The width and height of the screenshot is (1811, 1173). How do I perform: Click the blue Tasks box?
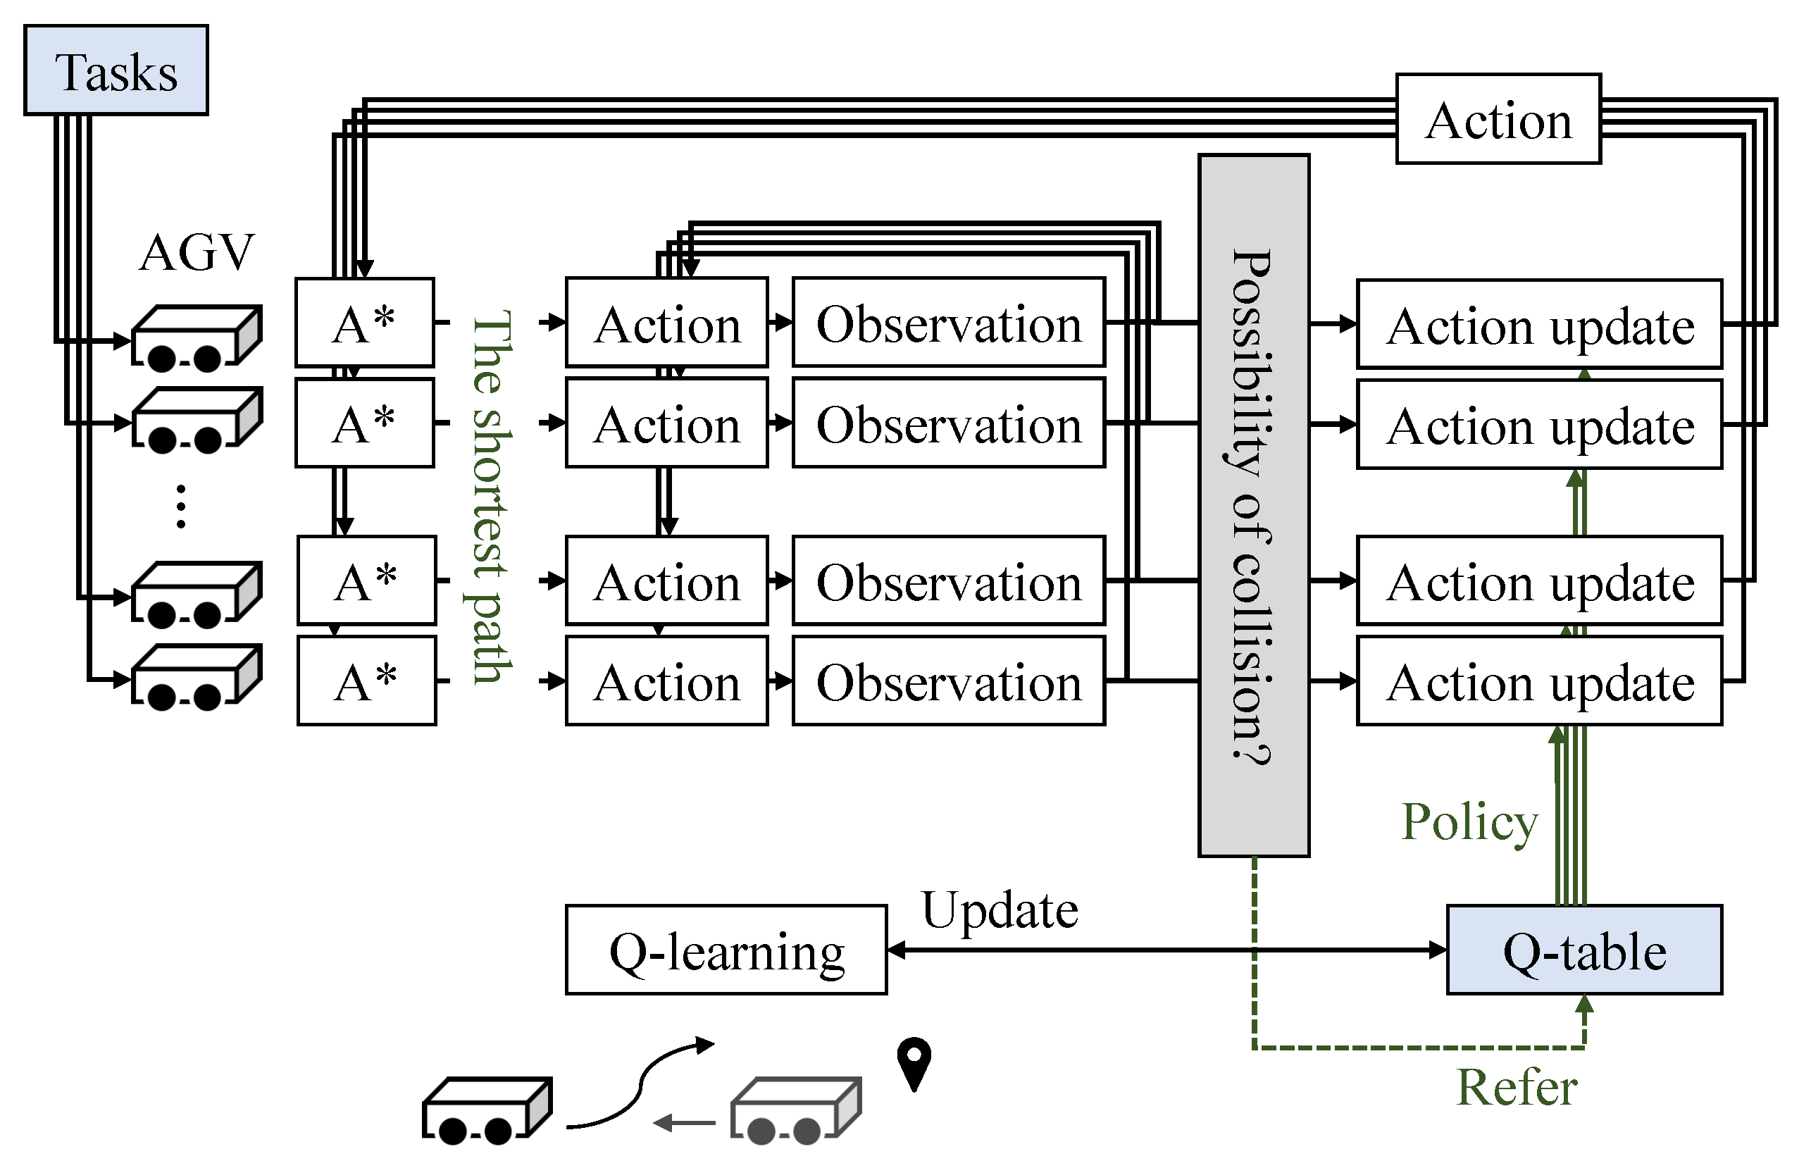point(116,70)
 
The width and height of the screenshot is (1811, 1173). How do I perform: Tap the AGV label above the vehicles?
point(197,253)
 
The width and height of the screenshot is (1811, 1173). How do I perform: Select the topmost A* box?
point(364,323)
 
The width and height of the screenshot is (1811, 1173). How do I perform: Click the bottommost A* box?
point(366,681)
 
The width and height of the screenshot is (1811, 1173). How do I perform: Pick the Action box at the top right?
point(1498,120)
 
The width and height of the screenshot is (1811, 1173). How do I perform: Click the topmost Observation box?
point(948,323)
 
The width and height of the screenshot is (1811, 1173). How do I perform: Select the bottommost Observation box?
point(948,681)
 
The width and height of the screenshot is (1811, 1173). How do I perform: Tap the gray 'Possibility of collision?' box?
point(1253,507)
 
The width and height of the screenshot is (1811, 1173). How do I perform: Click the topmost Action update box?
point(1538,325)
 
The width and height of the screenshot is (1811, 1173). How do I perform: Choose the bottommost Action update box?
point(1538,681)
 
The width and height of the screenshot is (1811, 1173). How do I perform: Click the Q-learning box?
point(726,950)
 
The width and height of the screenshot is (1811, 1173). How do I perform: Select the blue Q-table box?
point(1583,950)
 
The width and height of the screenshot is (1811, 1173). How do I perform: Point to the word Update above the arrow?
point(999,910)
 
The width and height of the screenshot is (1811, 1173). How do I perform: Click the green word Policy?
point(1469,822)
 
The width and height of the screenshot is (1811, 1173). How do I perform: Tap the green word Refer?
point(1516,1087)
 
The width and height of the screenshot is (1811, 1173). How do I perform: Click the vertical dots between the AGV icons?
point(181,505)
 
